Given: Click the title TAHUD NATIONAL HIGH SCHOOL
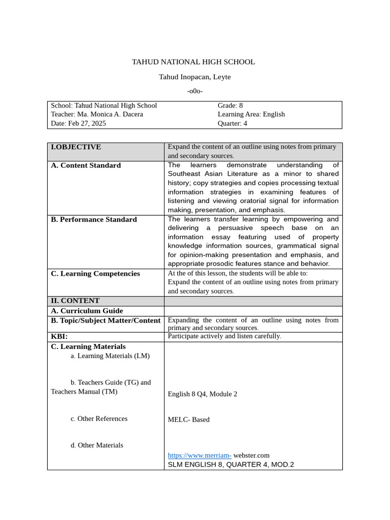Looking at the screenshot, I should [x=193, y=62].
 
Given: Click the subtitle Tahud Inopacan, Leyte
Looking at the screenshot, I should [x=194, y=77].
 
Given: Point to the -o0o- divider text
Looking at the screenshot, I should [x=194, y=91].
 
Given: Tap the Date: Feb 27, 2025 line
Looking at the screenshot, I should [x=78, y=123].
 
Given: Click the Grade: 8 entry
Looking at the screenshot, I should [x=230, y=106].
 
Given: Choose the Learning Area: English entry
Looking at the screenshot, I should [x=251, y=114].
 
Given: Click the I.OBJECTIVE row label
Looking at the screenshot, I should [x=76, y=147].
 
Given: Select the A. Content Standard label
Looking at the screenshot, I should [x=86, y=166].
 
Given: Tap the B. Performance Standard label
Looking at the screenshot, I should [x=93, y=219].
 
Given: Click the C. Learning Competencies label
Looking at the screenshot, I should [x=95, y=274].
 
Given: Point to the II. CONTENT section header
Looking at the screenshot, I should [x=75, y=301].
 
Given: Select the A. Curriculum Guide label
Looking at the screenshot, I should [x=87, y=311].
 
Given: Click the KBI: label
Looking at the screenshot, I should [x=59, y=336].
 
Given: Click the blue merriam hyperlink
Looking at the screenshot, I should [x=199, y=456].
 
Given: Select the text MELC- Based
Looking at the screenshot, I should [x=188, y=420].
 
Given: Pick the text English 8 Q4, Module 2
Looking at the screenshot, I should [x=202, y=394].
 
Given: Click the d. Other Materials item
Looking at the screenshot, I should [x=96, y=445].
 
